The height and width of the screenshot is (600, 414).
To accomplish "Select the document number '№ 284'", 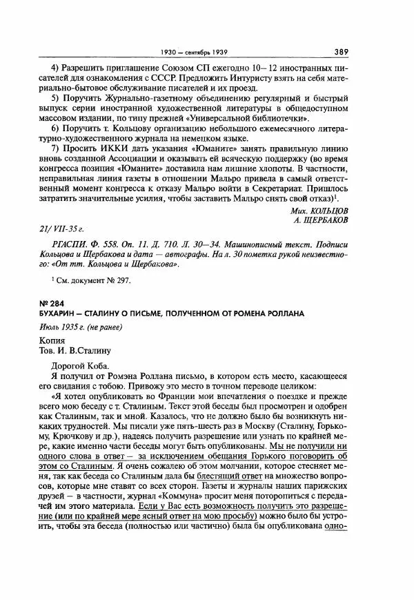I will [x=51, y=303].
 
